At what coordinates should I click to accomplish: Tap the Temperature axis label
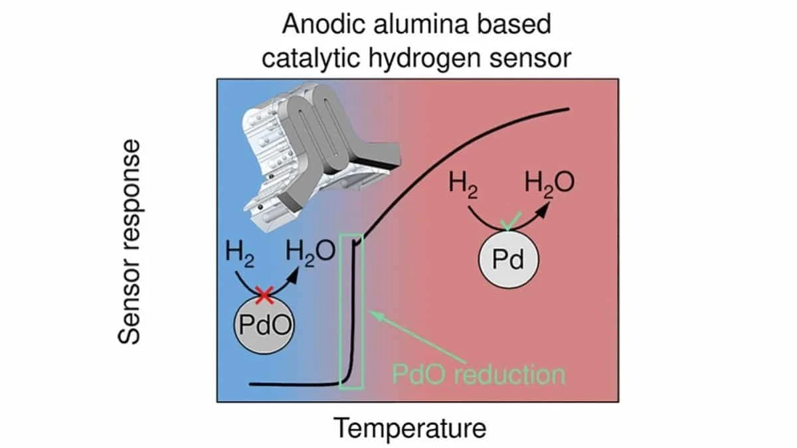[410, 428]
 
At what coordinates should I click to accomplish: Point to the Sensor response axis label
[130, 242]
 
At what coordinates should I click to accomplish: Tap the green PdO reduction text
[478, 374]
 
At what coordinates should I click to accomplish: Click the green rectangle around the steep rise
[351, 311]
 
